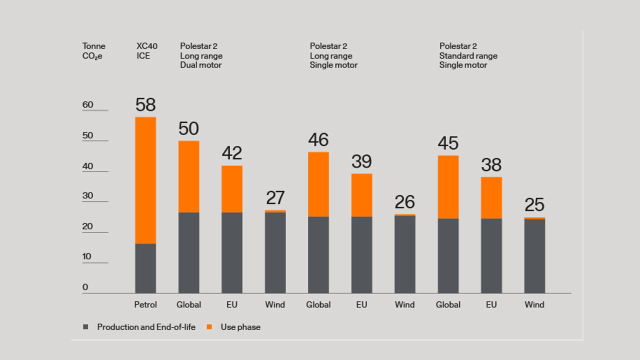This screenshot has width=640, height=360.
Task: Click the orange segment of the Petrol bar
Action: tap(145, 180)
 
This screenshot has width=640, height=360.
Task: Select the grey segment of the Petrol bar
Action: tap(145, 268)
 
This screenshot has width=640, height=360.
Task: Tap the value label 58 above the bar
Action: tap(145, 105)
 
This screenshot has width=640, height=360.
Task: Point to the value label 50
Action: tap(188, 129)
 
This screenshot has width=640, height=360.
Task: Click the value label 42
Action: tap(232, 153)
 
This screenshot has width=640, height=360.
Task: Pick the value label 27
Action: tap(275, 198)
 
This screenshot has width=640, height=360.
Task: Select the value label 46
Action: tap(318, 140)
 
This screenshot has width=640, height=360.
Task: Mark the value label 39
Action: tap(361, 161)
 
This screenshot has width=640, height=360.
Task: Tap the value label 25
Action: tap(534, 205)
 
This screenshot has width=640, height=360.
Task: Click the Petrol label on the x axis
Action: tap(145, 304)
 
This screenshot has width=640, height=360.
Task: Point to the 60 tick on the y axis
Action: tap(88, 104)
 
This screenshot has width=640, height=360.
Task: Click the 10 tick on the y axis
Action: tap(88, 256)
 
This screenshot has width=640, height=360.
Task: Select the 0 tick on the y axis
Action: tap(85, 287)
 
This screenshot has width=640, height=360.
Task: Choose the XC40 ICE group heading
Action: tap(147, 51)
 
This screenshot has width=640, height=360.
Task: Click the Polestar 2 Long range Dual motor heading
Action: tap(201, 55)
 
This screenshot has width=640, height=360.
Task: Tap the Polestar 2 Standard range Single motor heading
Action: tap(468, 55)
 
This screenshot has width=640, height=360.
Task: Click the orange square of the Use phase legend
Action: tap(209, 327)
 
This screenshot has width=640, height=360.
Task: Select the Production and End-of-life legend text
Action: tap(146, 327)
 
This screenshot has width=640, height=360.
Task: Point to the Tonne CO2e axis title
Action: tap(93, 51)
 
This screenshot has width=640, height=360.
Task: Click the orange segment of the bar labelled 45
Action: tap(448, 186)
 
